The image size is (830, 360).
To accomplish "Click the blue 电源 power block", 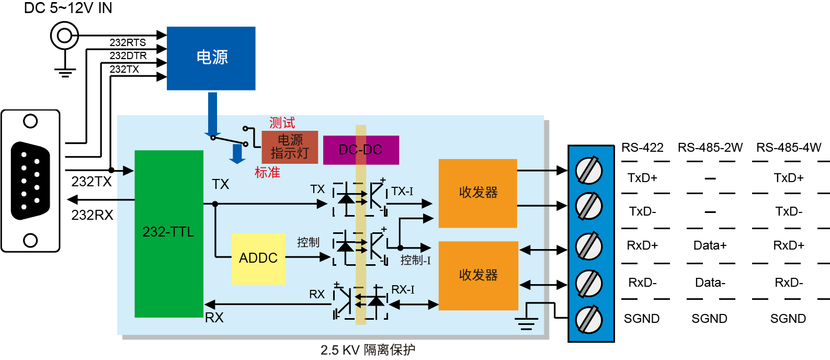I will coord(211,58).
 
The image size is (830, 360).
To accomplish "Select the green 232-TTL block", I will coord(168,233).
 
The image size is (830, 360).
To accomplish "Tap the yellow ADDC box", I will coord(258,258).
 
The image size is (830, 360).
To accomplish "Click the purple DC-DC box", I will coord(361,150).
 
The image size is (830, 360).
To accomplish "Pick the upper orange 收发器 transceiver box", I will coord(477,193).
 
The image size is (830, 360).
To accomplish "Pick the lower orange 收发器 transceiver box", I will coord(478,275).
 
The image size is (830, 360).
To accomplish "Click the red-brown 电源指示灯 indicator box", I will coord(290,147).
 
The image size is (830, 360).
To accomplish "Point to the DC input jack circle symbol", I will coord(64,36).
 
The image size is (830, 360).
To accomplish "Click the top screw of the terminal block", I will coord(589,171).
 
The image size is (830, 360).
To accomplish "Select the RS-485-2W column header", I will coord(710,148).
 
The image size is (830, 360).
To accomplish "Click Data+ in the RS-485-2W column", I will coord(710,245).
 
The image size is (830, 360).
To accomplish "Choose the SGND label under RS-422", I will coord(642,319).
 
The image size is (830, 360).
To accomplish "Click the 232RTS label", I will coord(128,42).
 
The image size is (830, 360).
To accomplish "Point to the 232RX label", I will coord(92,215).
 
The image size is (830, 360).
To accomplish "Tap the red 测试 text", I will coord(282,123).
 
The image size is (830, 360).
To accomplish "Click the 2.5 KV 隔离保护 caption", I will coord(368,350).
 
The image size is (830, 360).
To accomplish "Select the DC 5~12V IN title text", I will coord(68,8).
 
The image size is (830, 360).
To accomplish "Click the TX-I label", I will coord(402,192).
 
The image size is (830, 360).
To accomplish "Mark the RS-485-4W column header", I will coord(789,148).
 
